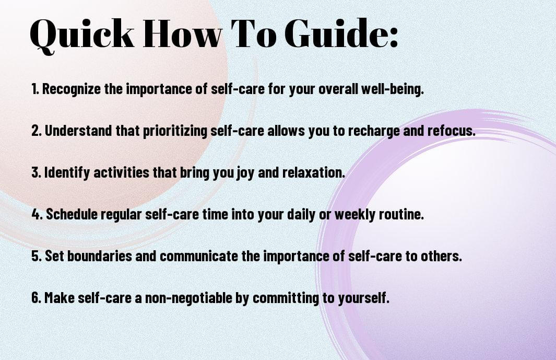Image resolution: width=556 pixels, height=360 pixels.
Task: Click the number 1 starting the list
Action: (35, 89)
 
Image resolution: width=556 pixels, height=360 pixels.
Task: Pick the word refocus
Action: (451, 131)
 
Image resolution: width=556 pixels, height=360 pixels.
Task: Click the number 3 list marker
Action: (36, 172)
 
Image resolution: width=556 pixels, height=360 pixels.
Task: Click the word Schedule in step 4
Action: (72, 214)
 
